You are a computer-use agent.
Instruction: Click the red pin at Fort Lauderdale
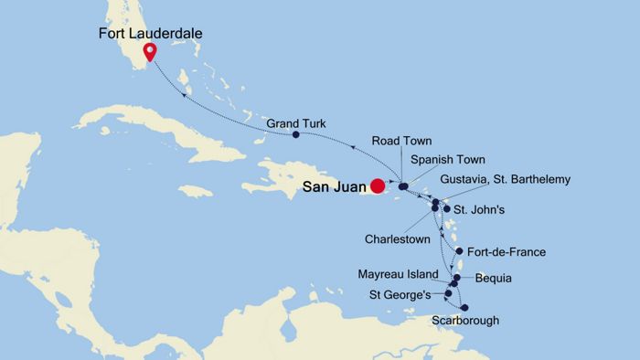[150, 52]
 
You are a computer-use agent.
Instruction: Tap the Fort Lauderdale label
[151, 34]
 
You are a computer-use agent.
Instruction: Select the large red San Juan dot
[377, 185]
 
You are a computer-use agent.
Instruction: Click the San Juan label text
[335, 185]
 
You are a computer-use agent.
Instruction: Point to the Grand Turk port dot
[295, 135]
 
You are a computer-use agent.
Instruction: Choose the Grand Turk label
[296, 122]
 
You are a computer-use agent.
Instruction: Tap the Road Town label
[401, 141]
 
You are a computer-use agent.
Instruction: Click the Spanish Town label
[446, 160]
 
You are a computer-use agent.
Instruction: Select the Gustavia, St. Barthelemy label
[505, 180]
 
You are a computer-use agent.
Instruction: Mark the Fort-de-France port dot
[458, 250]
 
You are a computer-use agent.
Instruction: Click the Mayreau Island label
[406, 273]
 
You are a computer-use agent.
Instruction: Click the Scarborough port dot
[464, 308]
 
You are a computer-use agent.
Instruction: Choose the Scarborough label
[466, 321]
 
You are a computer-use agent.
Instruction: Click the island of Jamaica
[196, 191]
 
